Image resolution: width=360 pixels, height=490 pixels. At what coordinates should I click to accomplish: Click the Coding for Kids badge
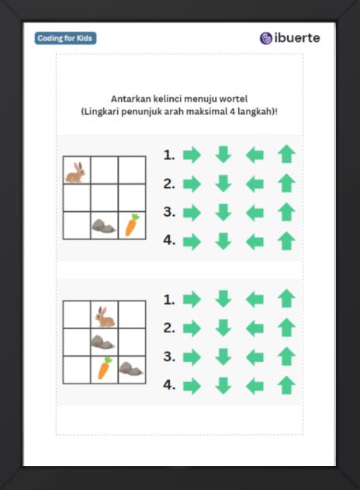tap(65, 38)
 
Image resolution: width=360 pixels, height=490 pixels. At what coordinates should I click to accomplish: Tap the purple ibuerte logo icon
tap(266, 38)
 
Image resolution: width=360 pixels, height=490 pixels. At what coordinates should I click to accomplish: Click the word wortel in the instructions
tap(234, 99)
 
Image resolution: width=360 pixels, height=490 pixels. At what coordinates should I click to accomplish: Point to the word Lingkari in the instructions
tap(100, 112)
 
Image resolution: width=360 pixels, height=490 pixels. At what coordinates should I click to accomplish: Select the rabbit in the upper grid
tap(75, 172)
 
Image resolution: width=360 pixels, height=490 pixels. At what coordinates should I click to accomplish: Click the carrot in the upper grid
tap(132, 224)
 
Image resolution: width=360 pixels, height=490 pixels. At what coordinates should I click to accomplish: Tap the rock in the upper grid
tap(104, 226)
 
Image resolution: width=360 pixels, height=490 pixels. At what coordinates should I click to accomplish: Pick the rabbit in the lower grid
tap(106, 317)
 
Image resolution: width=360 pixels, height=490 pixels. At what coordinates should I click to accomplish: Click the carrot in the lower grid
tap(105, 368)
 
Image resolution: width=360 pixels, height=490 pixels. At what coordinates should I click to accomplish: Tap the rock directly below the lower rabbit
tap(102, 342)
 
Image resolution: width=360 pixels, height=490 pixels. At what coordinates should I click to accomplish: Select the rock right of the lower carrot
tap(131, 368)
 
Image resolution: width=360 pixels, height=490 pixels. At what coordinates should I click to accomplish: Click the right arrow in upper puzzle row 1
tap(192, 155)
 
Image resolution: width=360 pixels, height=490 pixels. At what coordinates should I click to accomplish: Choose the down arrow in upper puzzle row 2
tap(223, 183)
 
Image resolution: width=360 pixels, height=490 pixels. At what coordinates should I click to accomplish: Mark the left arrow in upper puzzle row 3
tap(254, 213)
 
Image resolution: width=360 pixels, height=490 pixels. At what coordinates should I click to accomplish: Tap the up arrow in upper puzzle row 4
tap(286, 241)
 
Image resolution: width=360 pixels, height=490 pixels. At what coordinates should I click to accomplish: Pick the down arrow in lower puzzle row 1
tap(223, 299)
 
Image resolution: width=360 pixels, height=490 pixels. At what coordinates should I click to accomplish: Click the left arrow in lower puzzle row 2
tap(254, 328)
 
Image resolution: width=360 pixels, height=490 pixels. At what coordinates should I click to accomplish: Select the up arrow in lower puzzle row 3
tap(286, 356)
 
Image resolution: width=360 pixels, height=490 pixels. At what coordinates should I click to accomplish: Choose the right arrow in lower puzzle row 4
tap(192, 386)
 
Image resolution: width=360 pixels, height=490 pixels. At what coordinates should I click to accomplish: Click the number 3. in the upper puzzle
tap(169, 212)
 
